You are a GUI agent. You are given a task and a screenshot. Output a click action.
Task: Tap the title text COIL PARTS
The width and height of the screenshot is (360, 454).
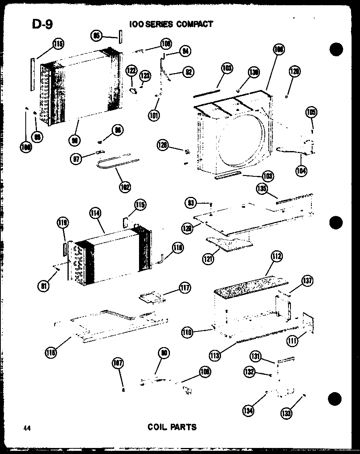pyautogui.click(x=172, y=427)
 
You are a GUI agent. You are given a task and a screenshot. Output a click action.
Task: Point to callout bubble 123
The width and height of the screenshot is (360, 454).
pyautogui.click(x=145, y=76)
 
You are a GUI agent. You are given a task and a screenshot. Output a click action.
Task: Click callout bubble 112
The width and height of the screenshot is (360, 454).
pyautogui.click(x=277, y=256)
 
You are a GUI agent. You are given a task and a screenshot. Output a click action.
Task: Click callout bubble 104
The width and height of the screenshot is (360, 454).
pyautogui.click(x=301, y=170)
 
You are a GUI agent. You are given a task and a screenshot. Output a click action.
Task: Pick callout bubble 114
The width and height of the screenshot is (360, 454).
pyautogui.click(x=96, y=214)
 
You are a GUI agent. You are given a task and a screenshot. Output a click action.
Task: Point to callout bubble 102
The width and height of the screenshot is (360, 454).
pyautogui.click(x=125, y=186)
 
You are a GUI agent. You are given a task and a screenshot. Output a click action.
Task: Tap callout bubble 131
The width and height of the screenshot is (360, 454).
pyautogui.click(x=256, y=356)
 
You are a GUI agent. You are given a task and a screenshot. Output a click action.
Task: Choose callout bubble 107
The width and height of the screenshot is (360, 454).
pyautogui.click(x=117, y=364)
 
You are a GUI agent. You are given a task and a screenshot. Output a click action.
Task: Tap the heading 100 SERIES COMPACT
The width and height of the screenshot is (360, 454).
pyautogui.click(x=171, y=24)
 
